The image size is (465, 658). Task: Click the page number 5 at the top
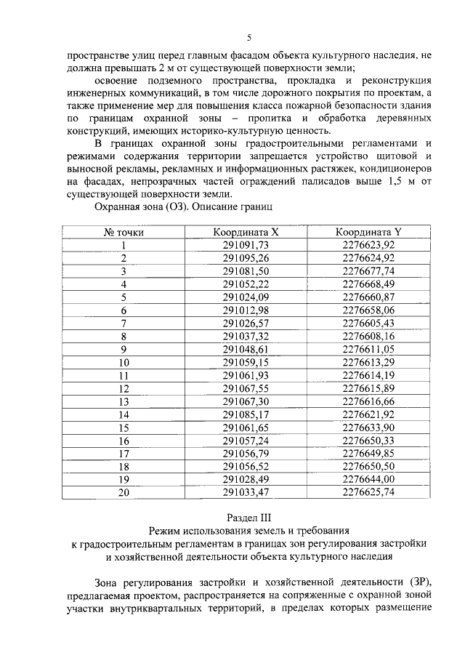pos(248,38)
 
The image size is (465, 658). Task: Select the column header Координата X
pos(246,233)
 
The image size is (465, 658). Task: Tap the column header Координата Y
pos(368,233)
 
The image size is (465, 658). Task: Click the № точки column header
pos(124,233)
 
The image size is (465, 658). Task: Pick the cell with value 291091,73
pos(246,246)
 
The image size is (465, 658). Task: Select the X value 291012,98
pos(246,310)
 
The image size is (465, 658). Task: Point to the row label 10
pos(124,362)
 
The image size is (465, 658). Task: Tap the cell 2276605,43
pos(368,323)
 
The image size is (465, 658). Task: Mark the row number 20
pos(124,492)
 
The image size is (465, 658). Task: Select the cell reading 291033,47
pos(246,492)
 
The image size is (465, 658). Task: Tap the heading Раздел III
pos(248,518)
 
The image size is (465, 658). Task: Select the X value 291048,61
pos(246,349)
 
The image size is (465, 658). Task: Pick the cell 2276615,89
pos(368,388)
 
